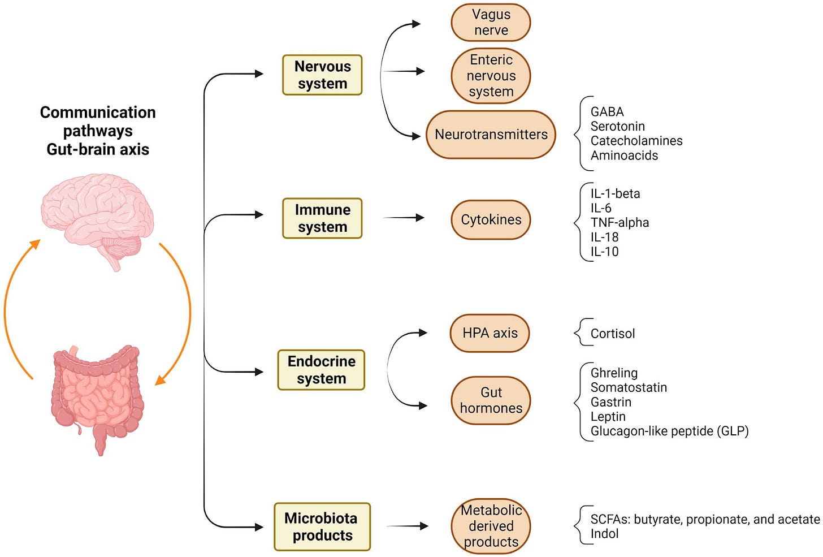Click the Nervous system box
322,75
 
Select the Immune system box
322,218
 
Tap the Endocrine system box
321,370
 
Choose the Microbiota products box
322,526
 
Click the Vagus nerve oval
491,23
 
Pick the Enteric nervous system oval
491,76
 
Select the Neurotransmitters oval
491,135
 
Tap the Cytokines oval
491,220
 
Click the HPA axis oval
490,333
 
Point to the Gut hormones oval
491,400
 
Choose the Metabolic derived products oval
491,526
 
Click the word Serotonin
618,126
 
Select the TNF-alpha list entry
620,222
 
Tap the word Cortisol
613,334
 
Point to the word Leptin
608,417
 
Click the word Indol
604,533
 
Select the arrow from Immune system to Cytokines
404,218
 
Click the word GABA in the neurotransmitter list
607,112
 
